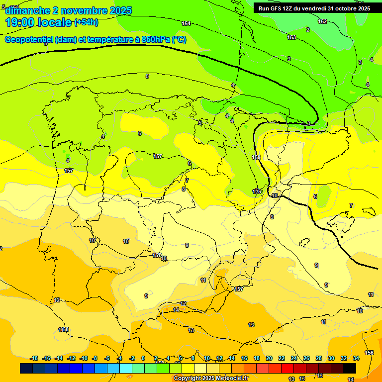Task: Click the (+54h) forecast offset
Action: pos(86,22)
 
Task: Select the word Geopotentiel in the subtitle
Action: pos(29,40)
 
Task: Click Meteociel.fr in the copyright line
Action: pos(229,379)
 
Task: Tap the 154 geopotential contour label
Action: pos(186,23)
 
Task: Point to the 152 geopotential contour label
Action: pos(322,21)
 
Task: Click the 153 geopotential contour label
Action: pos(291,37)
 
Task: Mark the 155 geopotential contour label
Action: pos(256,157)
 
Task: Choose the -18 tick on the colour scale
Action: pos(34,358)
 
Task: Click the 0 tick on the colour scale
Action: pos(143,358)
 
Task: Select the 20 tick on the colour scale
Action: pos(269,358)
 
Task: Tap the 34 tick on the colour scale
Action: pos(356,358)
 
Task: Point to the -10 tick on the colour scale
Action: pos(83,358)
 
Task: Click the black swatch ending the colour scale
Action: pos(350,369)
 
